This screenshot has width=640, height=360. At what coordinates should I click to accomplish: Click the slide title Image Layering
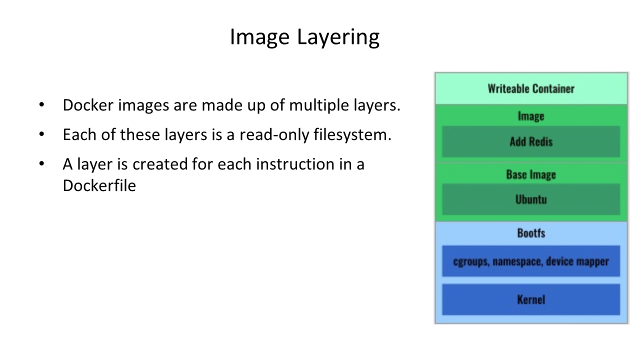tap(304, 37)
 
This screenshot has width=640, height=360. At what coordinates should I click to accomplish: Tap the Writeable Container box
tap(531, 88)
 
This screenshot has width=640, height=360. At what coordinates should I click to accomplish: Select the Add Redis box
tap(531, 141)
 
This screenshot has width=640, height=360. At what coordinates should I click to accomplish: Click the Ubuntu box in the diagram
tap(531, 199)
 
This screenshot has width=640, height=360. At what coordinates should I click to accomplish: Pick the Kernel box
tap(531, 299)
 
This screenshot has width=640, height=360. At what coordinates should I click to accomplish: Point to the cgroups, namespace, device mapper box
tap(531, 261)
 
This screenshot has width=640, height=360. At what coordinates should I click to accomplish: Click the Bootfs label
tap(531, 233)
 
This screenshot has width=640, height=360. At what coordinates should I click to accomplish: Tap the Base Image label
tap(531, 174)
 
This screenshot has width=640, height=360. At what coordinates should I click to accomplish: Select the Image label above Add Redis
tap(531, 116)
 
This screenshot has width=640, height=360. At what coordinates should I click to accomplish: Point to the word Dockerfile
tap(99, 185)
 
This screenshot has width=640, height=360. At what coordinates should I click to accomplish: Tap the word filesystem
tap(352, 134)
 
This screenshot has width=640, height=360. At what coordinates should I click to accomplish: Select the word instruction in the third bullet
tap(295, 164)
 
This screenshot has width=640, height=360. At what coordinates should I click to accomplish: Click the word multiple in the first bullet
tap(319, 105)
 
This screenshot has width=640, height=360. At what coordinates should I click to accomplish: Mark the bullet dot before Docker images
tap(41, 104)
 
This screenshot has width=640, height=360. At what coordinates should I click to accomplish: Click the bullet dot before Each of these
tap(41, 134)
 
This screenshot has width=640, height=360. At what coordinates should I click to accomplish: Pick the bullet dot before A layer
tap(41, 163)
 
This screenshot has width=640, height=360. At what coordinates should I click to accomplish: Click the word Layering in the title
tap(338, 37)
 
